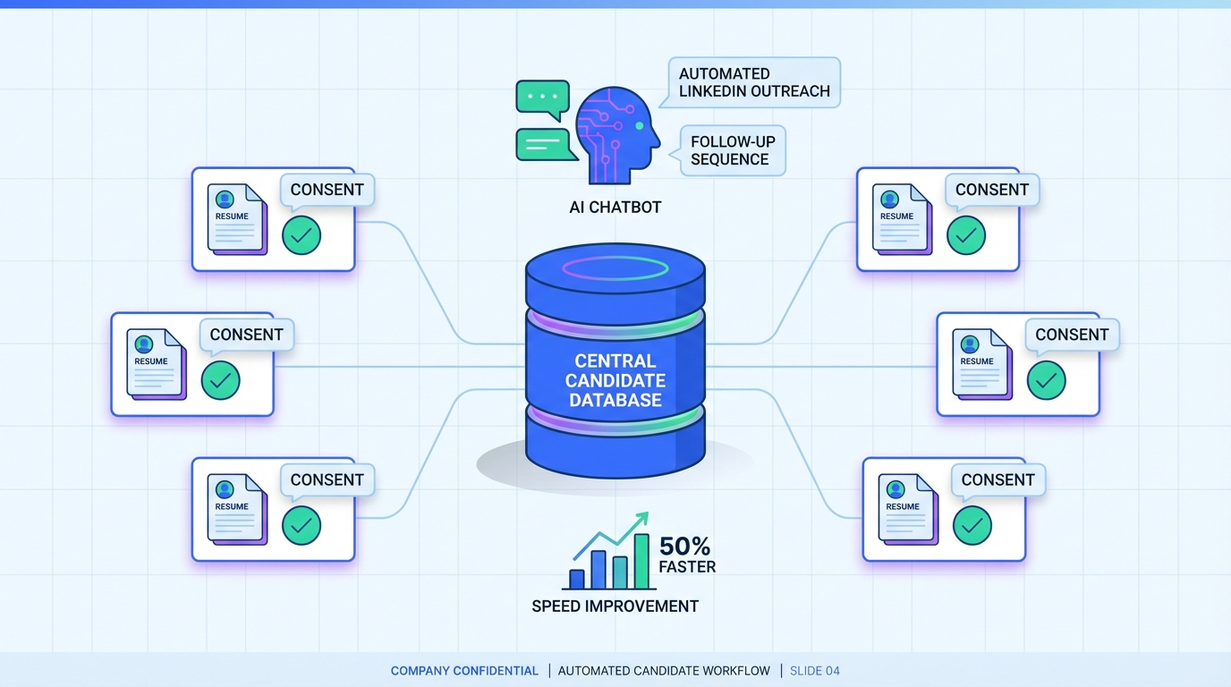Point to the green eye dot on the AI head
point(640,126)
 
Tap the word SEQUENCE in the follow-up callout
point(729,159)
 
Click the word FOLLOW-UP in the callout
point(733,141)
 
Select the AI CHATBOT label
point(615,208)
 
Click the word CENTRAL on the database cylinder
point(615,361)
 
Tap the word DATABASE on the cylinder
point(615,401)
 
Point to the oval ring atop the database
point(615,267)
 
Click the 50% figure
point(684,546)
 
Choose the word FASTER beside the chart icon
point(687,566)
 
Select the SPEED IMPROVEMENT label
point(615,606)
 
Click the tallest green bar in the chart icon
point(641,562)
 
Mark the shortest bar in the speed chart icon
point(577,579)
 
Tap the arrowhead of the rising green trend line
point(643,518)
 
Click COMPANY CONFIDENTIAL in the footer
point(464,671)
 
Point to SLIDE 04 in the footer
point(815,671)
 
